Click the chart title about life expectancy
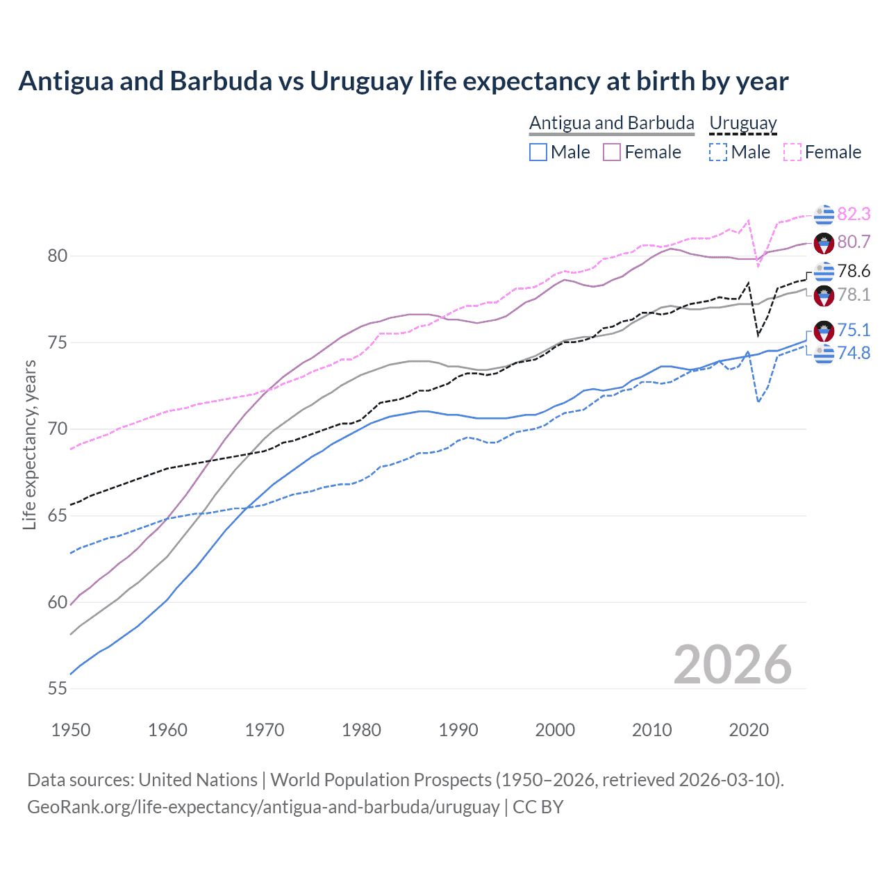click(403, 81)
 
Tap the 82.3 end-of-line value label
click(854, 214)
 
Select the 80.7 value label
click(854, 242)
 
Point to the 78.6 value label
click(854, 271)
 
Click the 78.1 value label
click(854, 294)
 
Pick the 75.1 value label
click(854, 330)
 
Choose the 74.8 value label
click(854, 353)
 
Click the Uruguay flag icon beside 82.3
click(824, 215)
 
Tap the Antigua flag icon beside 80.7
click(824, 242)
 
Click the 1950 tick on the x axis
click(71, 730)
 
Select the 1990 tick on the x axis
click(458, 730)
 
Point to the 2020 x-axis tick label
click(749, 730)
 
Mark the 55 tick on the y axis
click(57, 689)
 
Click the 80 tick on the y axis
click(57, 256)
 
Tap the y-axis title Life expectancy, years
click(29, 444)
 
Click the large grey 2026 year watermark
click(733, 665)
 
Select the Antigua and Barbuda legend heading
click(611, 123)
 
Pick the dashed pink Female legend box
click(792, 152)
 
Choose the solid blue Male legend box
click(538, 152)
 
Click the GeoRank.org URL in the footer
click(263, 807)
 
